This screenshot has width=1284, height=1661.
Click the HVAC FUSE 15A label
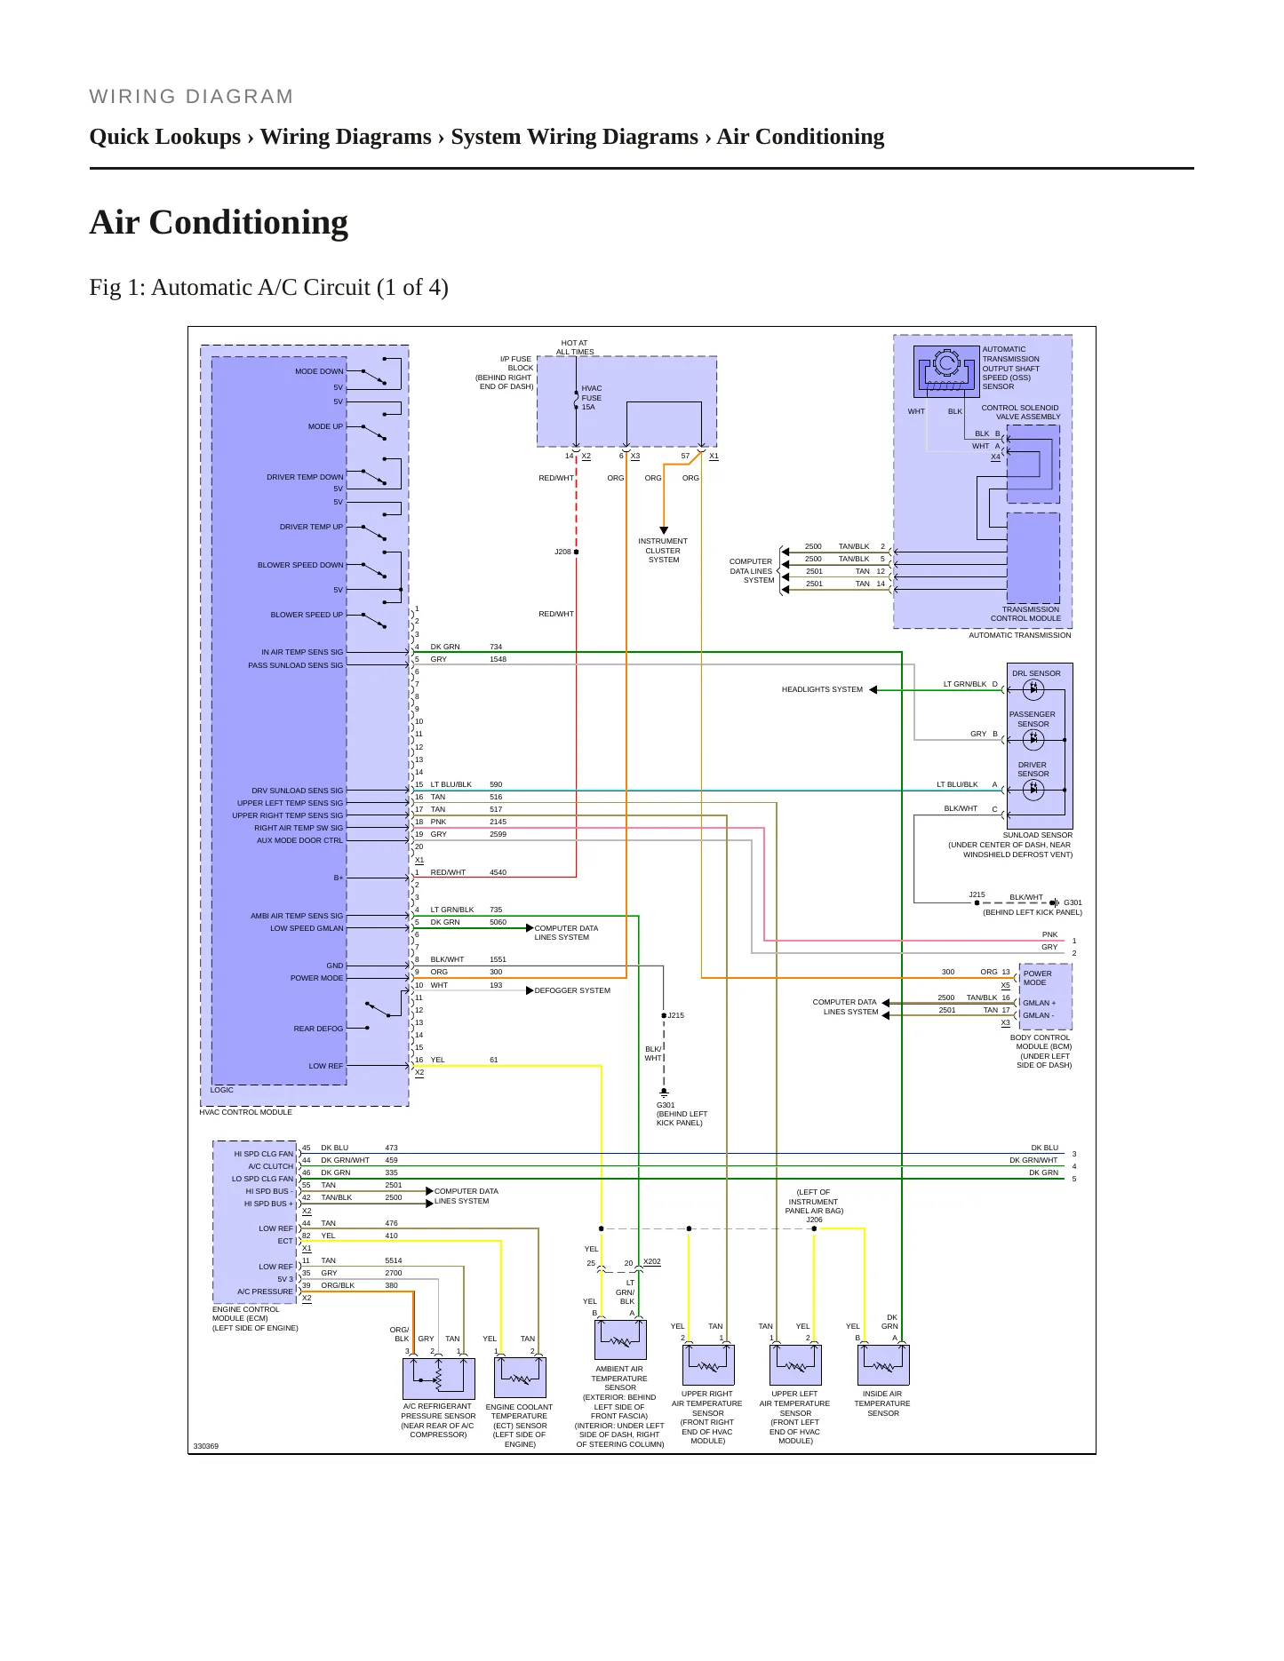[x=592, y=398]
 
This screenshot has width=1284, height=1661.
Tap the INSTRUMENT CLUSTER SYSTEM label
[x=663, y=551]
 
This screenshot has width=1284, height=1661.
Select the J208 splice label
[x=562, y=552]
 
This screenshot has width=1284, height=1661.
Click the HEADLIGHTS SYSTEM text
[x=822, y=689]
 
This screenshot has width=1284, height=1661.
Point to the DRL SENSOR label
[x=1036, y=673]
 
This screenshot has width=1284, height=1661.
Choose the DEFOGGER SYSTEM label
[x=572, y=990]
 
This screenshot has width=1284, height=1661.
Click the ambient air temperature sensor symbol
[x=620, y=1339]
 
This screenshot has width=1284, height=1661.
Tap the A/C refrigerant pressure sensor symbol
[x=439, y=1379]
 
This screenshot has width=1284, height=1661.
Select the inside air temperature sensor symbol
[x=883, y=1364]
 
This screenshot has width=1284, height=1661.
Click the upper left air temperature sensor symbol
[x=795, y=1364]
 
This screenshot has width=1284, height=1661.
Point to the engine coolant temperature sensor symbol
[x=520, y=1378]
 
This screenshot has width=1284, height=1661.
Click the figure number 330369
[x=206, y=1446]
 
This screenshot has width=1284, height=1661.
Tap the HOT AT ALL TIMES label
[x=575, y=347]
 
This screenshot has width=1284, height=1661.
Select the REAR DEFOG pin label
[x=318, y=1029]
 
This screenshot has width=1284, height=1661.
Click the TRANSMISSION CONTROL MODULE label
[x=1026, y=614]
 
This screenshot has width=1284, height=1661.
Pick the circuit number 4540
[x=498, y=872]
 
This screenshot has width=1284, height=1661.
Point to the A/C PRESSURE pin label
[x=265, y=1291]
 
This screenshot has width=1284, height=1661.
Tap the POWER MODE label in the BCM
[x=1037, y=978]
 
